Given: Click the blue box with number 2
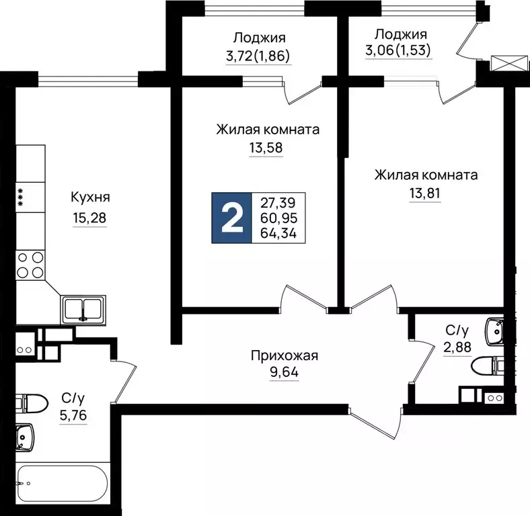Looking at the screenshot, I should point(231,218).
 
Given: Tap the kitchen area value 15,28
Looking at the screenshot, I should point(89,218).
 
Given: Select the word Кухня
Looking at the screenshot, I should point(89,198).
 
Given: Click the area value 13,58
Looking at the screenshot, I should point(267,148).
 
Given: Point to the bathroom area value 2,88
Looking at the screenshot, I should point(457,348).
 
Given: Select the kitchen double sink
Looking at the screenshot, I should point(83,309).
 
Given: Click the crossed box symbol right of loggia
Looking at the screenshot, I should point(502,64).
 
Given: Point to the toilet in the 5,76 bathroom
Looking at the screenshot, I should point(30,403).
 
